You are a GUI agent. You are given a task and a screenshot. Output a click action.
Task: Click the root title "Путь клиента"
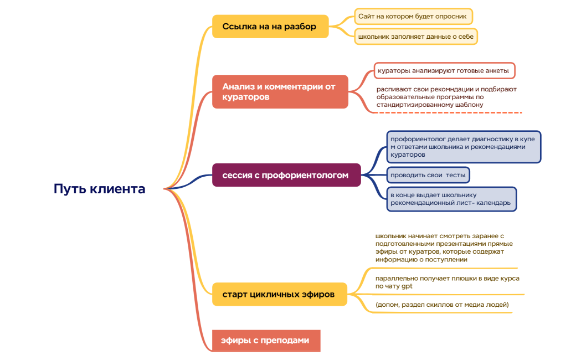click(x=100, y=189)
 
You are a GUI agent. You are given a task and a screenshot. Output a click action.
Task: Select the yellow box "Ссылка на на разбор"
click(x=270, y=26)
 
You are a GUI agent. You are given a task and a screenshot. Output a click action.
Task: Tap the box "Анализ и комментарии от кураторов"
click(x=280, y=91)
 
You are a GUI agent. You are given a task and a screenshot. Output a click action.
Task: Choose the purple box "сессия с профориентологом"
click(x=286, y=175)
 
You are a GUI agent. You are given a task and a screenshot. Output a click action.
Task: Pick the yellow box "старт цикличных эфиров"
click(x=279, y=294)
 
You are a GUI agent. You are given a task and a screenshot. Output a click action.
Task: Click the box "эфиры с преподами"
click(x=266, y=340)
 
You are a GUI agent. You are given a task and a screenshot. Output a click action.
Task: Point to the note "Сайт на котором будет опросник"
click(x=413, y=17)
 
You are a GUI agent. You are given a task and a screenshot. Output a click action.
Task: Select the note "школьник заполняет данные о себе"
click(x=415, y=37)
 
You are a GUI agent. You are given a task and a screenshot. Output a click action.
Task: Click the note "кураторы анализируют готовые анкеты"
click(x=444, y=70)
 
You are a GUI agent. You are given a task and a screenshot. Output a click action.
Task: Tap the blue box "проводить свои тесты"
click(x=428, y=175)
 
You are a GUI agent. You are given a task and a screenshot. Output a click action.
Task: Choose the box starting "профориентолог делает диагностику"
click(x=463, y=147)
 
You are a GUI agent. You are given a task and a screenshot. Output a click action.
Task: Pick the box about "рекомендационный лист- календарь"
click(x=451, y=199)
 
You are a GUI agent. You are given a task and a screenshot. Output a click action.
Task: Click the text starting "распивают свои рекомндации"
click(x=446, y=96)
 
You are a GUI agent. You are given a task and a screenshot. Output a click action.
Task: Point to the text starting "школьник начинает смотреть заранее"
click(x=443, y=248)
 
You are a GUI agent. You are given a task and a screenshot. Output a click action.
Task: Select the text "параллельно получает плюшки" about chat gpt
click(x=446, y=282)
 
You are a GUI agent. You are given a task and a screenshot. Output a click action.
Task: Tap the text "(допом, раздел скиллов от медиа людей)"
click(x=441, y=305)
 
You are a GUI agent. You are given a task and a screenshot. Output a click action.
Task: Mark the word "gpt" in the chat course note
click(x=407, y=286)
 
